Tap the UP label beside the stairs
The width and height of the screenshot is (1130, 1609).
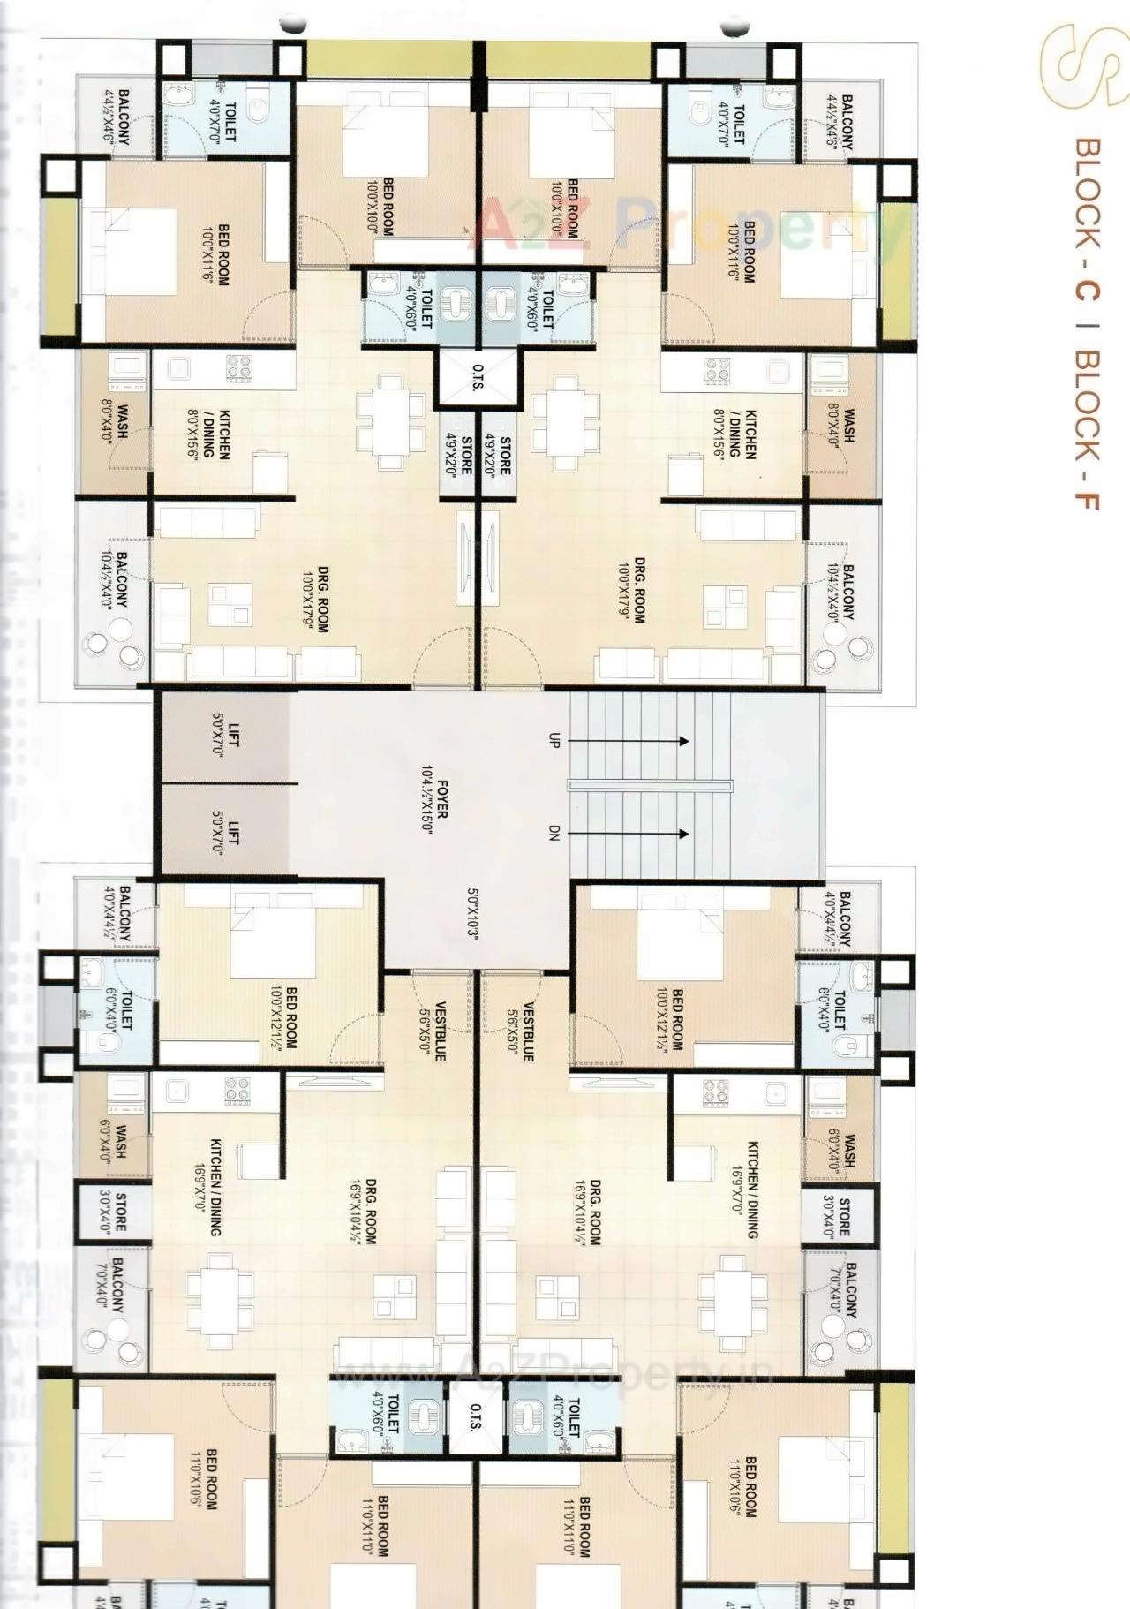554,741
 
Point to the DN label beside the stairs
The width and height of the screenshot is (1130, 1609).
554,833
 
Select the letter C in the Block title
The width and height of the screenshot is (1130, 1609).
1088,289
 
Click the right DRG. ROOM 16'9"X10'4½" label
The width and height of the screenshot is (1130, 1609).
587,1211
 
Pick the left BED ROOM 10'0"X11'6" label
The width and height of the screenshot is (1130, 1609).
215,254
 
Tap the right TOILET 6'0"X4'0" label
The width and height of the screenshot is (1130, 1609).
832,1008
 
